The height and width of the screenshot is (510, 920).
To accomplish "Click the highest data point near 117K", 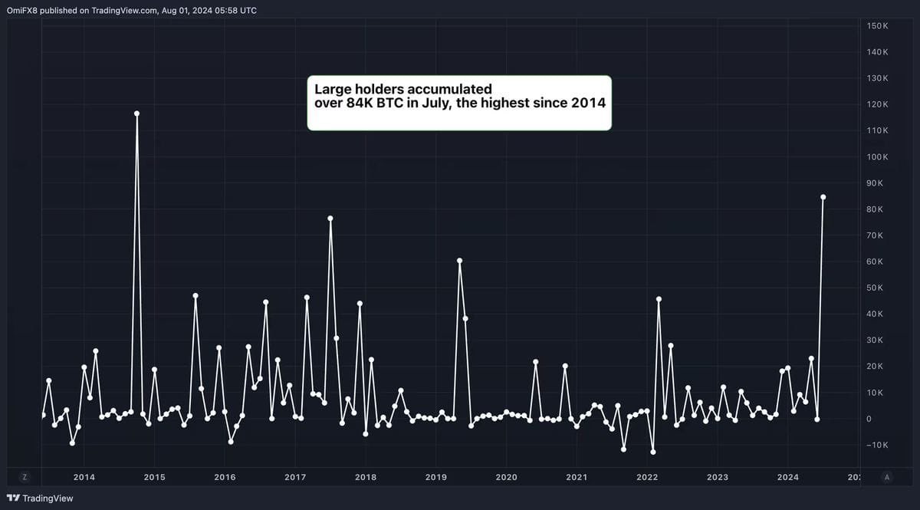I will click(136, 114).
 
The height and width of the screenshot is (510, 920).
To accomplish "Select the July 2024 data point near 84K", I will click(823, 197).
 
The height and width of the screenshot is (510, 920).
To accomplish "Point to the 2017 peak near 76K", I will click(330, 219).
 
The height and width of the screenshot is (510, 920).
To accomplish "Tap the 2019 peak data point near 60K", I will click(459, 261).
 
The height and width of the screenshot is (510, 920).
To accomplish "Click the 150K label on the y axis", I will click(877, 26).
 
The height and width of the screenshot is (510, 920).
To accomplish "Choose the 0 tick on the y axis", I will click(869, 419).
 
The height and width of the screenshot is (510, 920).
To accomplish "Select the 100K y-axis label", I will click(877, 157).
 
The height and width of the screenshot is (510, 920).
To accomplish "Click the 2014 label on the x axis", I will click(84, 477).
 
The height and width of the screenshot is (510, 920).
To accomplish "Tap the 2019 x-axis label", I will click(435, 477).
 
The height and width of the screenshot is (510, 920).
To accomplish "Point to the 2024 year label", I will click(787, 477).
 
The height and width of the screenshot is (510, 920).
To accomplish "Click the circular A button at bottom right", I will click(887, 476).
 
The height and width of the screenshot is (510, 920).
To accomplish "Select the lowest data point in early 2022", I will click(653, 452).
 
